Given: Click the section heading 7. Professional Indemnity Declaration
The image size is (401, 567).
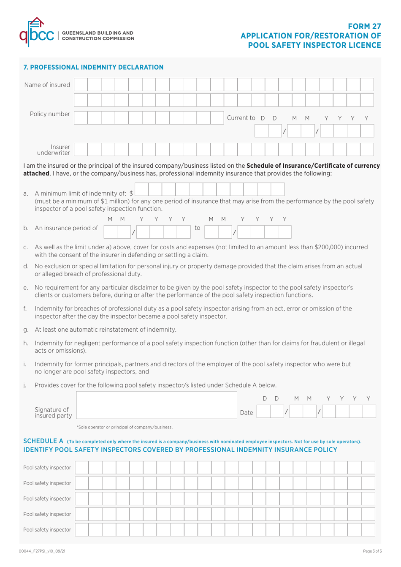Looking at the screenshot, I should click(93, 67).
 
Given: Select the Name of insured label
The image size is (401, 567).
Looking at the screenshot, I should click(47, 85).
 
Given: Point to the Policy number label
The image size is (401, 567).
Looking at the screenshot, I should click(50, 114).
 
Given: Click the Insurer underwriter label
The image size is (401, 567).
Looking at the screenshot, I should click(54, 150).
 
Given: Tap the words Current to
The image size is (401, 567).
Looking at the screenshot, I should click(241, 118).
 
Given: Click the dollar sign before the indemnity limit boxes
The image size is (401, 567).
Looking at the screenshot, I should click(131, 194).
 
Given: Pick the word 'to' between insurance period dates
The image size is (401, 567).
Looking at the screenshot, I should click(197, 228).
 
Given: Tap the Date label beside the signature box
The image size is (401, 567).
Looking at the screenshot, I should click(247, 412).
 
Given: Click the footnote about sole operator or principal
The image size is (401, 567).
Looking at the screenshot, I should click(125, 427).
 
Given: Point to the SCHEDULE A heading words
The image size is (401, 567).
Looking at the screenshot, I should click(43, 441).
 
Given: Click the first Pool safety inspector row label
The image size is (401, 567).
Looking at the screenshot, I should click(47, 468).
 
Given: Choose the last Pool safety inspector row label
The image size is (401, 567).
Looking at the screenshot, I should click(47, 529).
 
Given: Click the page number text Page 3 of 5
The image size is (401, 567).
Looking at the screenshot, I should click(372, 551).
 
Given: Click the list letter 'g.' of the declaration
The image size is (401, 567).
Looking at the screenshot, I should click(26, 330).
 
